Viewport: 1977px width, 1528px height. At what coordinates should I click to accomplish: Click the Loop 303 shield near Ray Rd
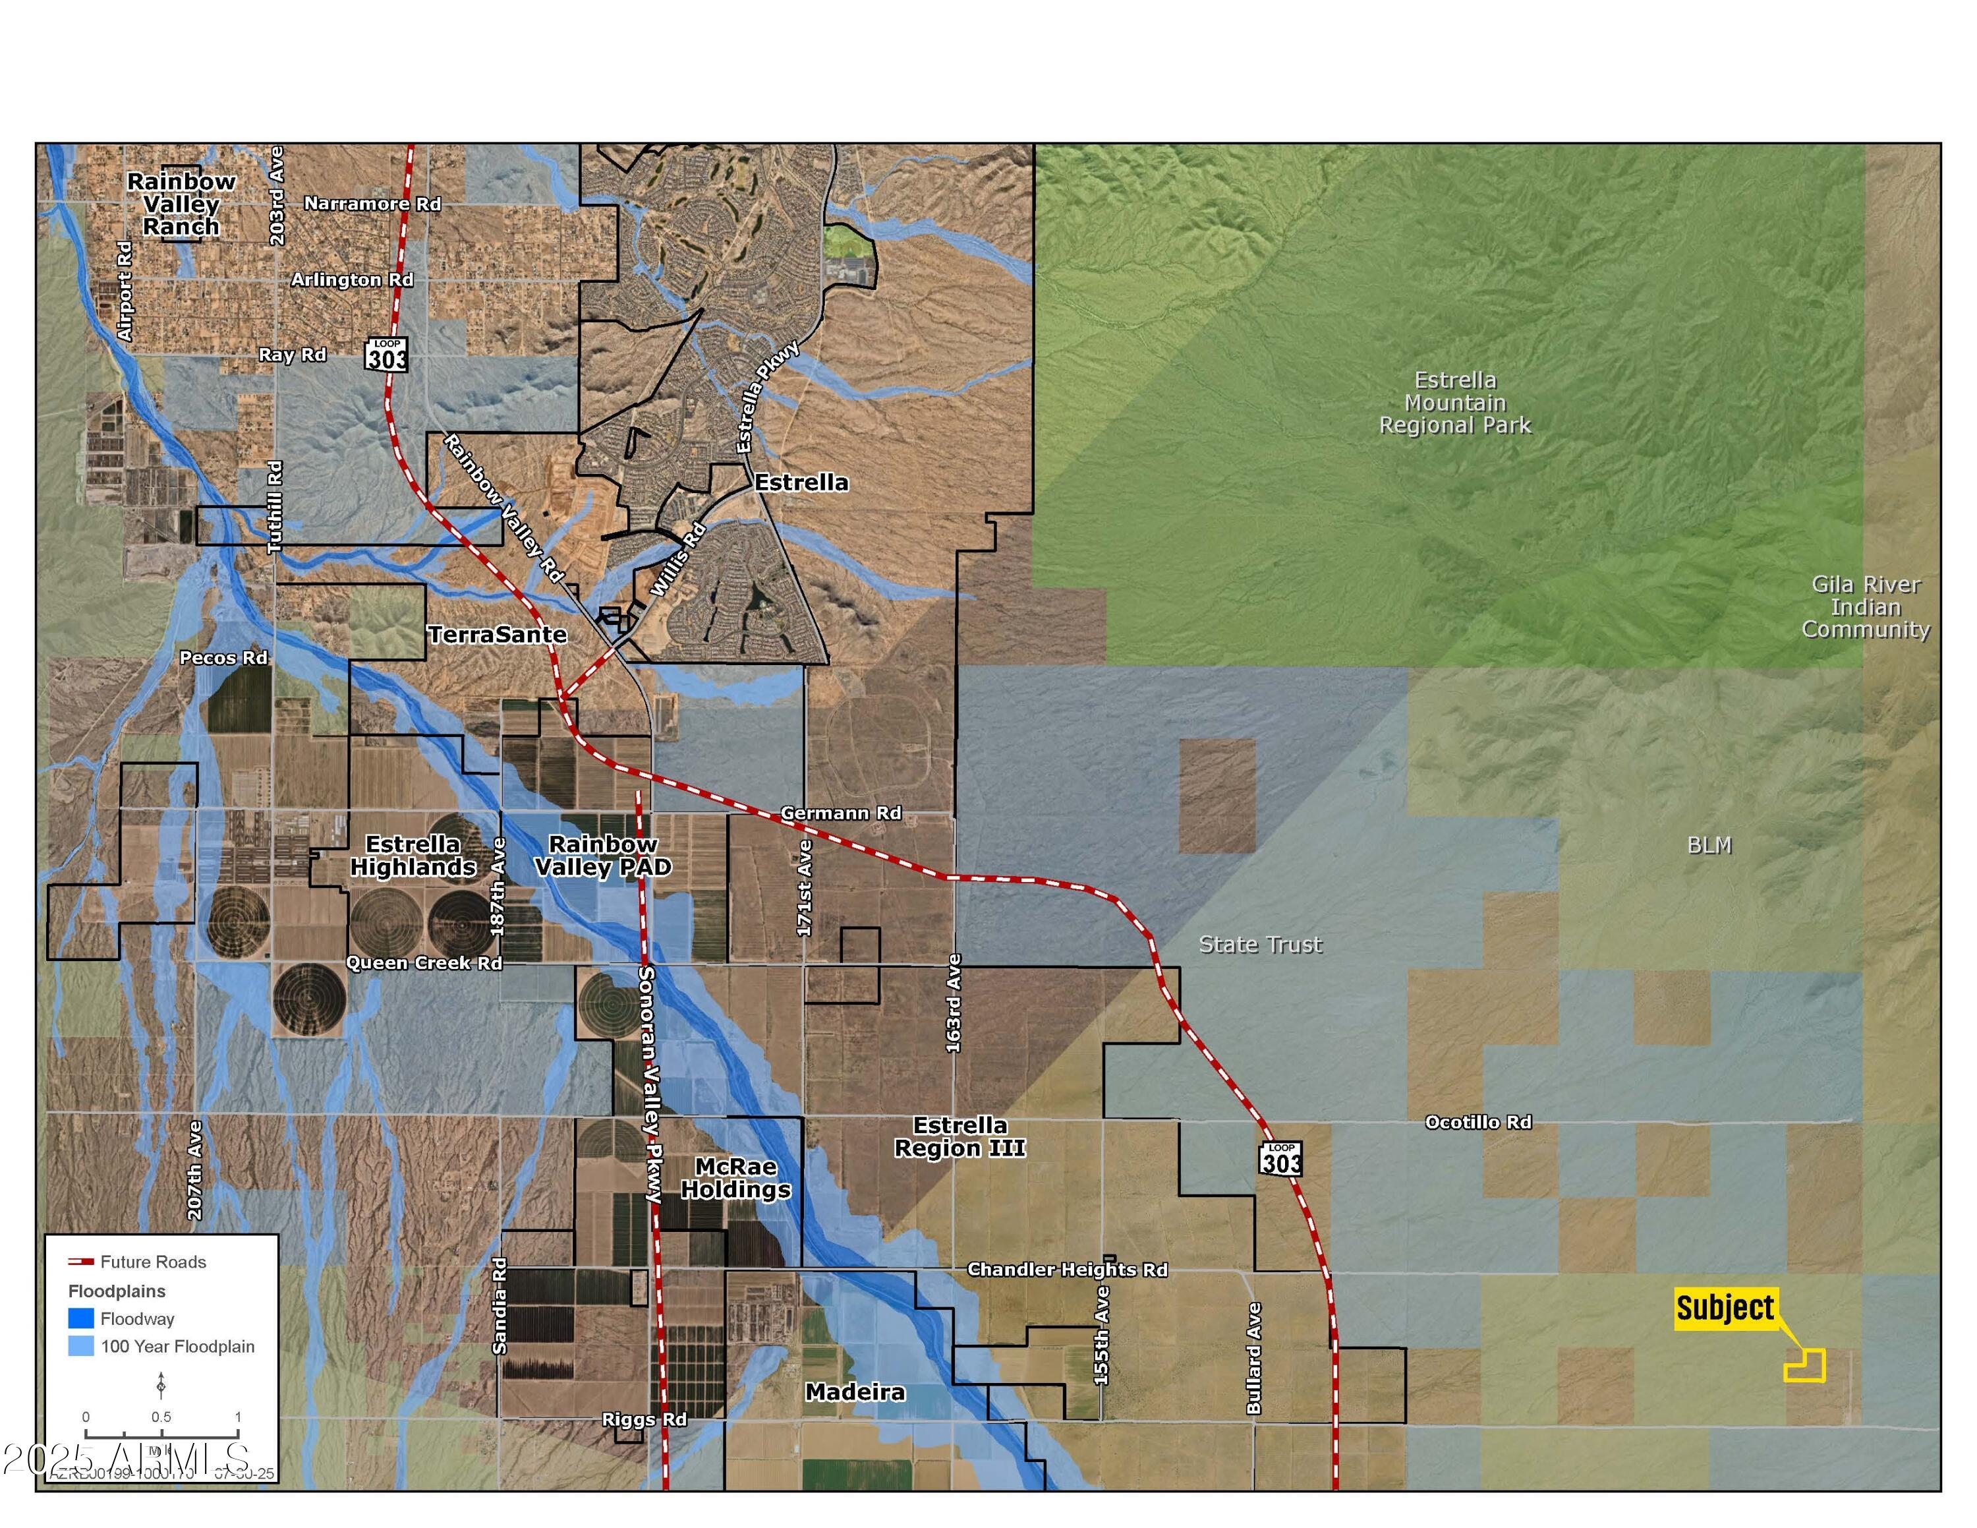[x=387, y=354]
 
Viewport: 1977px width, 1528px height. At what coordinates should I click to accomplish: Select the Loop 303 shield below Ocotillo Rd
[x=1280, y=1159]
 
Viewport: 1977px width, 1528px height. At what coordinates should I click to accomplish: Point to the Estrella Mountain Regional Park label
[x=1454, y=403]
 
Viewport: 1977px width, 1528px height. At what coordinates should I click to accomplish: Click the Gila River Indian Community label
[x=1866, y=606]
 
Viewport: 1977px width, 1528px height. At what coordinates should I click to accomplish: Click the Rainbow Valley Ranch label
[x=181, y=204]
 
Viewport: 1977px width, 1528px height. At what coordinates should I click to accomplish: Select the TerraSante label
[x=497, y=635]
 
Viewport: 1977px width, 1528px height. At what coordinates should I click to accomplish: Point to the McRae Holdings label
[x=735, y=1178]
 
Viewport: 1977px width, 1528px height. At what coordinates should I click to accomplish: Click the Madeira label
[x=855, y=1392]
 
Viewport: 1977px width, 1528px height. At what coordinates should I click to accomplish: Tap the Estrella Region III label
[x=960, y=1137]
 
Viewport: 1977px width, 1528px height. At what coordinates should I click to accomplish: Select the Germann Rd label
[x=841, y=813]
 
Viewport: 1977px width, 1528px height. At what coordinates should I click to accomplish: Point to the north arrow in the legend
[x=161, y=1385]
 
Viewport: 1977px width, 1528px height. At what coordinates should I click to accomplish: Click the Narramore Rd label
[x=372, y=204]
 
